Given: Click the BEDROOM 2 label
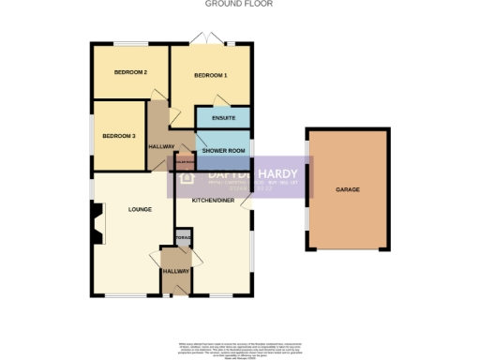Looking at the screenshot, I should [130, 72].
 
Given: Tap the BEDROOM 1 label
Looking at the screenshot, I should [210, 75].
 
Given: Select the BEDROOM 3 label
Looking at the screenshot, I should [120, 136].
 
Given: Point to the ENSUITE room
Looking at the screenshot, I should [223, 118].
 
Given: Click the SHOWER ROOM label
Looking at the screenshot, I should [223, 150].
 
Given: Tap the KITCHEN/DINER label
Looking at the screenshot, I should [213, 201].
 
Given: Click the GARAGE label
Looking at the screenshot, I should [348, 189].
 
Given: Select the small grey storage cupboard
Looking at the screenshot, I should [184, 238].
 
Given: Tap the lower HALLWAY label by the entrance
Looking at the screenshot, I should [175, 271].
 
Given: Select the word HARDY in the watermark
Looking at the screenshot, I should [277, 173].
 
